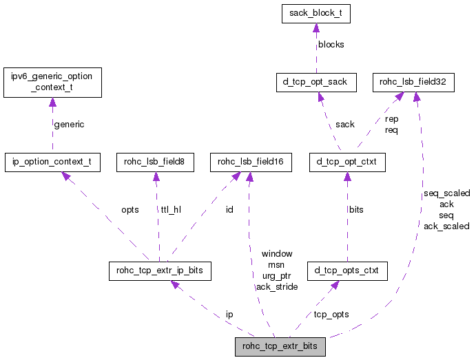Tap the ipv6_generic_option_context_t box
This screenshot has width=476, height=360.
pyautogui.click(x=52, y=82)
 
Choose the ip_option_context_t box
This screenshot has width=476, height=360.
pyautogui.click(x=52, y=162)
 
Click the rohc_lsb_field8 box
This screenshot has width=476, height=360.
pyautogui.click(x=155, y=162)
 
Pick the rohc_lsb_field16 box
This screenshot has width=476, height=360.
pyautogui.click(x=251, y=162)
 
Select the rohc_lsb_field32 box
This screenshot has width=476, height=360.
pyautogui.click(x=413, y=83)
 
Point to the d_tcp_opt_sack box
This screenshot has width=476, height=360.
pyautogui.click(x=316, y=83)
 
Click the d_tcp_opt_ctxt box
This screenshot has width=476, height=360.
pyautogui.click(x=347, y=162)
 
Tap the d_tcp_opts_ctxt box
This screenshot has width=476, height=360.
pyautogui.click(x=347, y=271)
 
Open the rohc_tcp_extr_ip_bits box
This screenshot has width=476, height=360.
pyautogui.click(x=160, y=271)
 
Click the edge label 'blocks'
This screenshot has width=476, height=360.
pyautogui.click(x=331, y=45)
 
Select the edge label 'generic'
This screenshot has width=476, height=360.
pyautogui.click(x=69, y=125)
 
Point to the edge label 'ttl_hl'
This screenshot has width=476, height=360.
pyautogui.click(x=171, y=209)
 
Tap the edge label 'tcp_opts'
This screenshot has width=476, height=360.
pyautogui.click(x=331, y=314)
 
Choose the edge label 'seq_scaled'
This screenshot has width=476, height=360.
pyautogui.click(x=446, y=193)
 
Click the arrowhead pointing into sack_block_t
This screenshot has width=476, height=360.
pyautogui.click(x=315, y=28)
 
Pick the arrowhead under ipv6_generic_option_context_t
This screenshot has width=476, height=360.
pyautogui.click(x=52, y=103)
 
